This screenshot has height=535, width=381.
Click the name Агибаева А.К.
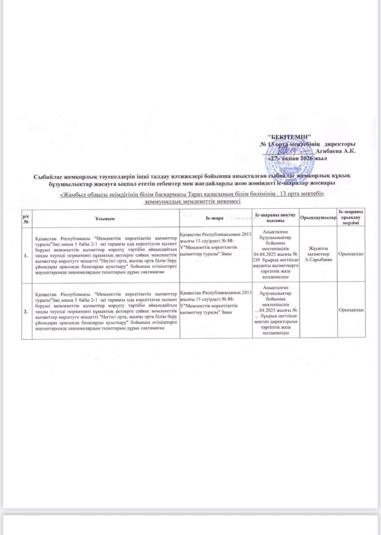pyautogui.click(x=336, y=151)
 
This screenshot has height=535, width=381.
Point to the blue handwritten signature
pyautogui.click(x=291, y=150)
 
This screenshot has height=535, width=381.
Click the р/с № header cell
pyautogui.click(x=26, y=218)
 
